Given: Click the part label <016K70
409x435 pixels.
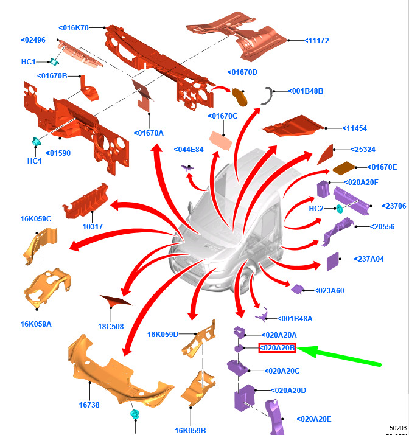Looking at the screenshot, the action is coord(74,28).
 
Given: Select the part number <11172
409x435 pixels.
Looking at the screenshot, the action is coord(316,41).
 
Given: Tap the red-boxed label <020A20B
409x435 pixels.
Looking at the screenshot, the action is coord(277,348).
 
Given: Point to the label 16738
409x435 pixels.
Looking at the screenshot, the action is coord(89,405).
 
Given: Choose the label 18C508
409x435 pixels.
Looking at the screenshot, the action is coord(111,327).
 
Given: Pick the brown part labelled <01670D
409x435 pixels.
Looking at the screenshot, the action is coord(239,97).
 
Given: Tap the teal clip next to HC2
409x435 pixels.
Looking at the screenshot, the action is coord(339,209).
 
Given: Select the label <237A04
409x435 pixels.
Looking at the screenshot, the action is coord(369,259).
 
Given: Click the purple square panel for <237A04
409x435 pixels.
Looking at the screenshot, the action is coord(333,262).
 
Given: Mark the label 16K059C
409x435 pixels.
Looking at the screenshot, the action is coord(36,219).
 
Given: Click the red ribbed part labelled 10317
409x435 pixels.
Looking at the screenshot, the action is coord(85,201).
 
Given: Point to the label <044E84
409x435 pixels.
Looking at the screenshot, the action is coord(189,150).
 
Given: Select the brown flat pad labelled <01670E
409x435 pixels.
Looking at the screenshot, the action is coord(344,168).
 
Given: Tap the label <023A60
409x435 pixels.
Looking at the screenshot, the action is coord(329,291).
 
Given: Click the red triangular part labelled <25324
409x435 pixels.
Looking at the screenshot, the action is coord(326,155).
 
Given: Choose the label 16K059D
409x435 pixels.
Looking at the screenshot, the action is coord(163,335).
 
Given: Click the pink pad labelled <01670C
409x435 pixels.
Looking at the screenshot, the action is coord(221,141).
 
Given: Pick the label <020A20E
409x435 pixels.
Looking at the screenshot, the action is coord(314,419).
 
